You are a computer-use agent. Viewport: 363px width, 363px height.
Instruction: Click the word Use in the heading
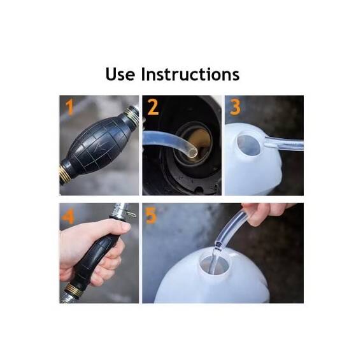[120, 75]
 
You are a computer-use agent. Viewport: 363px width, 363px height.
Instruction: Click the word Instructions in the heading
[190, 75]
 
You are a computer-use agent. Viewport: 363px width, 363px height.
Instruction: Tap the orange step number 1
[69, 108]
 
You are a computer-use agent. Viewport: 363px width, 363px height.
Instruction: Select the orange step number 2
[153, 107]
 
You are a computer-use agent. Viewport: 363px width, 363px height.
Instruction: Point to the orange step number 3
[235, 107]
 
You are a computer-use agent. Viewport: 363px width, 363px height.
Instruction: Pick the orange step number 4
[68, 216]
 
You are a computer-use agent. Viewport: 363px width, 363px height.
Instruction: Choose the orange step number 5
[151, 215]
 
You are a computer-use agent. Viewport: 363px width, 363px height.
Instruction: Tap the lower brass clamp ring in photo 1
[64, 173]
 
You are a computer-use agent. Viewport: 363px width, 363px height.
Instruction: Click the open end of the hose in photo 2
[192, 152]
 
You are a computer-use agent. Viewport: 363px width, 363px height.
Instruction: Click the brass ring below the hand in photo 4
[74, 290]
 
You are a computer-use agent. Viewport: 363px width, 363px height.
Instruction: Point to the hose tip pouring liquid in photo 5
[217, 244]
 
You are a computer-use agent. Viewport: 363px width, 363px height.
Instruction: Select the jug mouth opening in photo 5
[215, 264]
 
